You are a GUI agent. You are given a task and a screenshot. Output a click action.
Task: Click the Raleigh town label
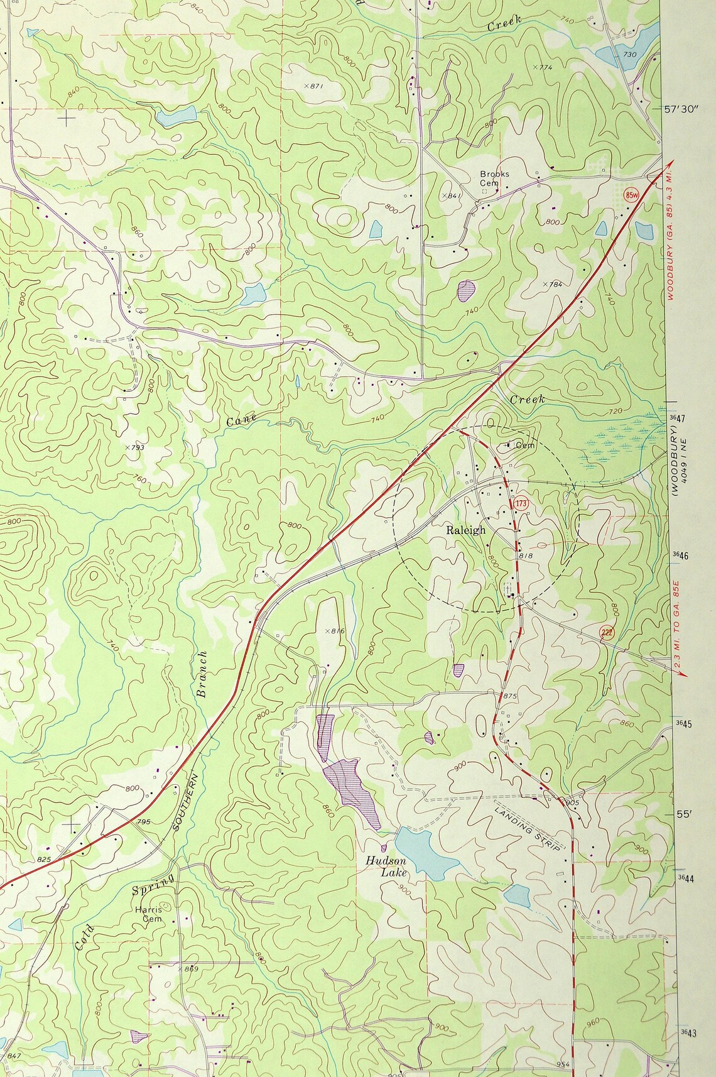pos(465,530)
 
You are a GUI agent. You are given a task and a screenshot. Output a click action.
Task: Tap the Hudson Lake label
pos(387,867)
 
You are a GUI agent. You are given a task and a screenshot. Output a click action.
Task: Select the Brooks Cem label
pos(494,178)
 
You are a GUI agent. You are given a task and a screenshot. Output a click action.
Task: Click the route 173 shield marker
pos(520,504)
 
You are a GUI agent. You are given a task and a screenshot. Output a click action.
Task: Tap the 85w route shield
pos(631,194)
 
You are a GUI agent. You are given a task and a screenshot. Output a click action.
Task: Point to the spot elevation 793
pos(134,447)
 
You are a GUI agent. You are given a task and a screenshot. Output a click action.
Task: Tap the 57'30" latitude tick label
pos(681,109)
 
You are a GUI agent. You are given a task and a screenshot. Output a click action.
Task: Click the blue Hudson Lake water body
pos(424,851)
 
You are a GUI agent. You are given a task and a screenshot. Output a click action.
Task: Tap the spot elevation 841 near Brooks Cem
pos(452,195)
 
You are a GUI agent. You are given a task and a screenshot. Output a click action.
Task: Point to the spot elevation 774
pos(541,67)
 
